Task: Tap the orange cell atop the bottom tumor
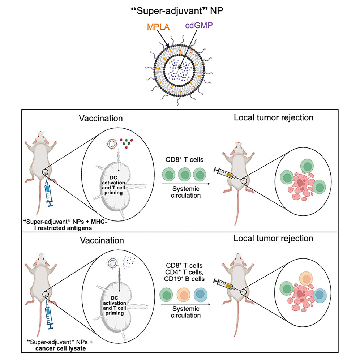(307, 279)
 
